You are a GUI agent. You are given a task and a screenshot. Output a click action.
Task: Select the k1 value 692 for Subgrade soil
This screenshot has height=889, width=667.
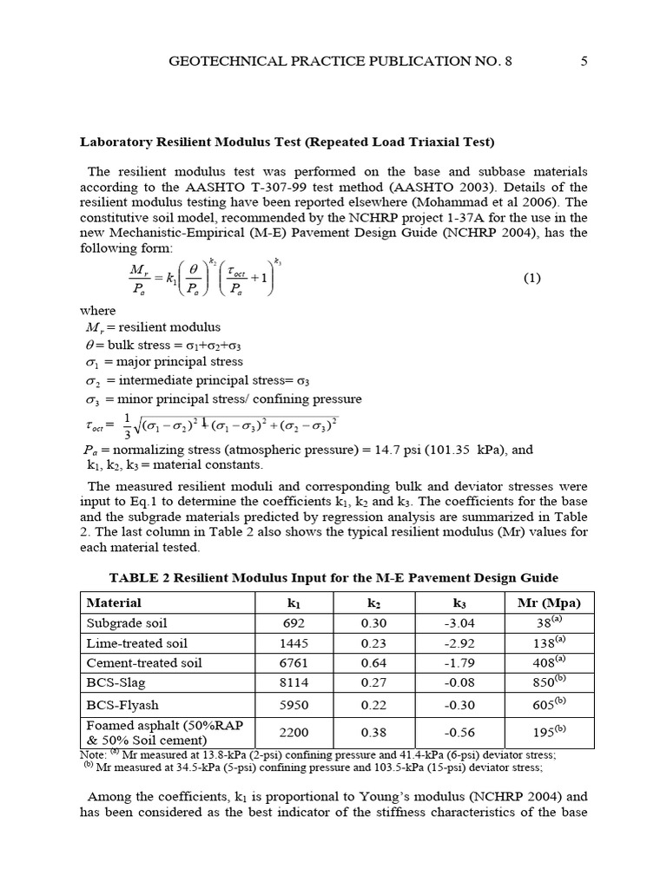[294, 623]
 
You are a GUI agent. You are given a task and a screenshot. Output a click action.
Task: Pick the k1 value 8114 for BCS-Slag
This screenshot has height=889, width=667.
[294, 683]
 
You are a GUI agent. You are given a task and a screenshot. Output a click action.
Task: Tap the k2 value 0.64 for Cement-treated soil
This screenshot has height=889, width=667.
[374, 663]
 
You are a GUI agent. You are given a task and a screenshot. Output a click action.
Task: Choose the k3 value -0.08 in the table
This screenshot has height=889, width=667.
[459, 683]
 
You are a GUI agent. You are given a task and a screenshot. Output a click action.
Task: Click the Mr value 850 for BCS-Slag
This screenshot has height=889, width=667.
[547, 683]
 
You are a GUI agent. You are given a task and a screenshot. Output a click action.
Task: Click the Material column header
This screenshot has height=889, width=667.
[115, 603]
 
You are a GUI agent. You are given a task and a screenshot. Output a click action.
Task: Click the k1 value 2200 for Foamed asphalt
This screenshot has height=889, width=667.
[294, 732]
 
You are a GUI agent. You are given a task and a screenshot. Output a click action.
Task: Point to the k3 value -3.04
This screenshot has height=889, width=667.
[459, 623]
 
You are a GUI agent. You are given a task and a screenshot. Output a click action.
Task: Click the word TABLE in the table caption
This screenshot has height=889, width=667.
[131, 578]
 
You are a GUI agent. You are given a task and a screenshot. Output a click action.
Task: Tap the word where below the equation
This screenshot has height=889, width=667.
[97, 310]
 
